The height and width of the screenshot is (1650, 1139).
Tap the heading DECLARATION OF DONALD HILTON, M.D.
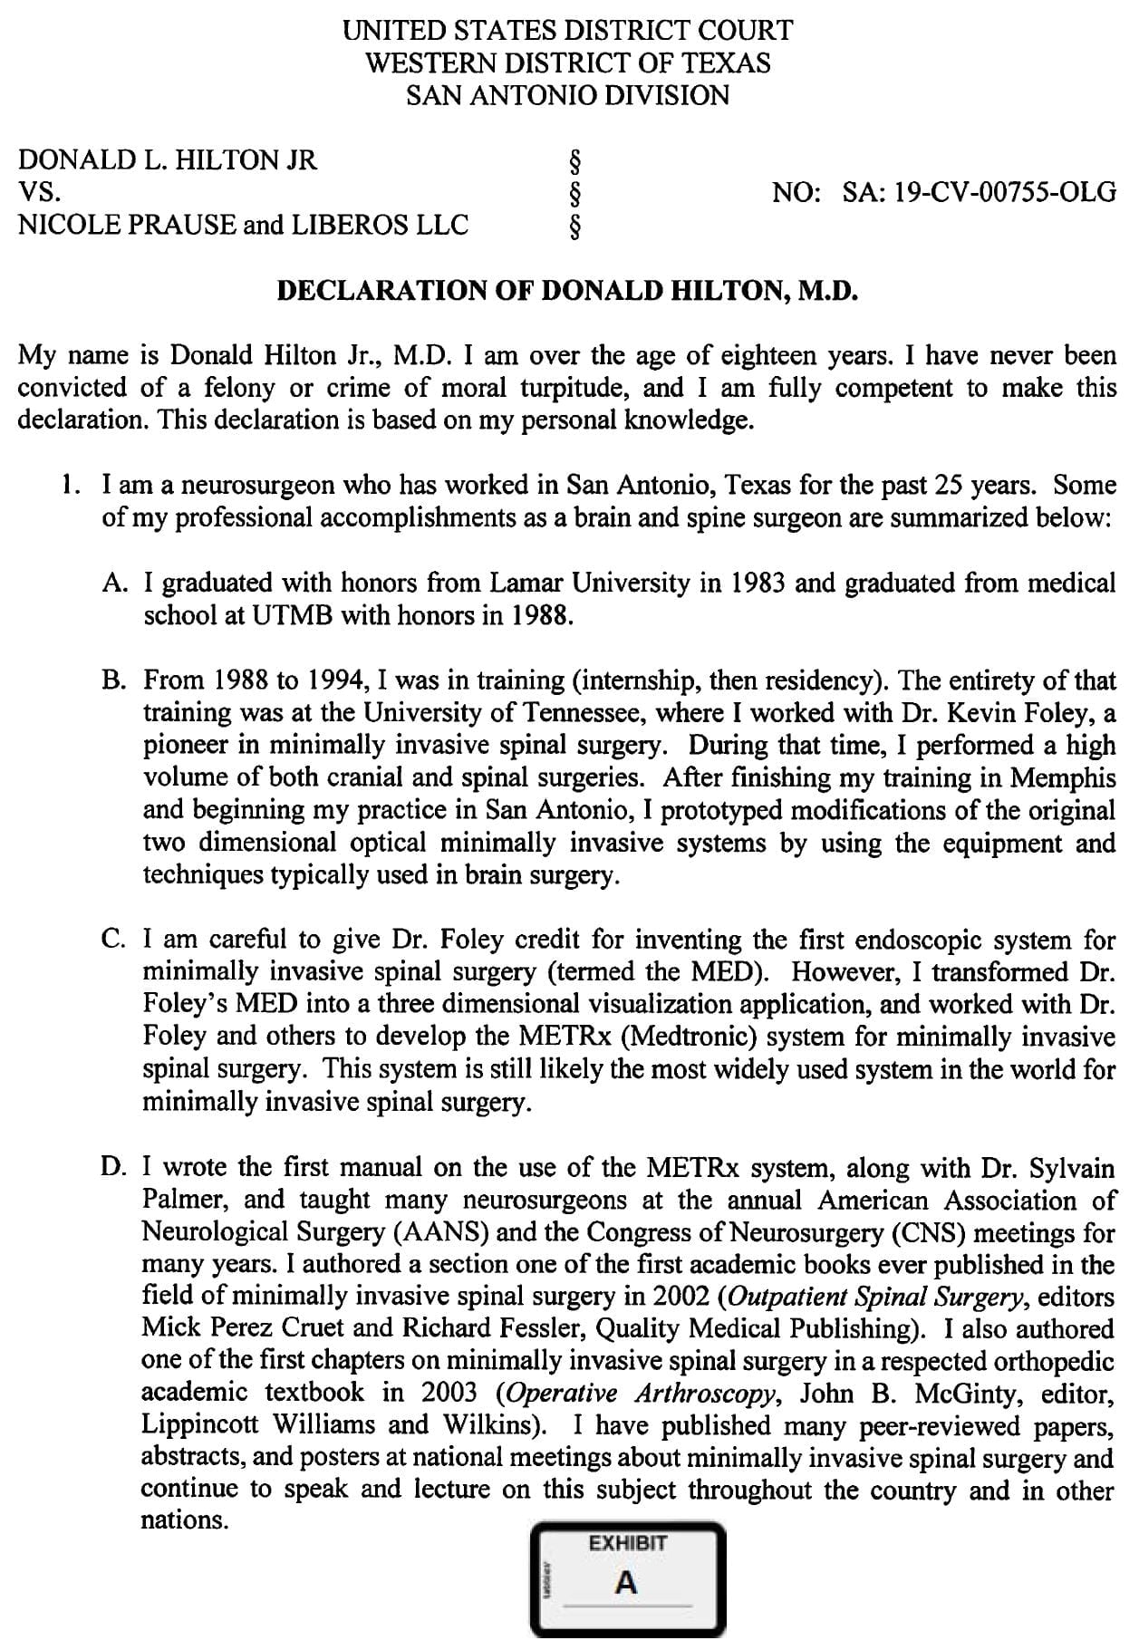(567, 291)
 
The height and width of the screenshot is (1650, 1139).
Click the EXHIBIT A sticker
(627, 1581)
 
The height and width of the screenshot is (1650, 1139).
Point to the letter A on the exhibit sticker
(626, 1584)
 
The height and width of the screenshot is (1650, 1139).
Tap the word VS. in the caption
(40, 193)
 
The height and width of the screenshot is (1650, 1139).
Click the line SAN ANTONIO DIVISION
(567, 95)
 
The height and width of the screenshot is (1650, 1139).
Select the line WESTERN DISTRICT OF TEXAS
(567, 63)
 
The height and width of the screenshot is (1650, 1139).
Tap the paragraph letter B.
(114, 680)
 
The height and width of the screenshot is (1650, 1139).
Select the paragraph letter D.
(114, 1167)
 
